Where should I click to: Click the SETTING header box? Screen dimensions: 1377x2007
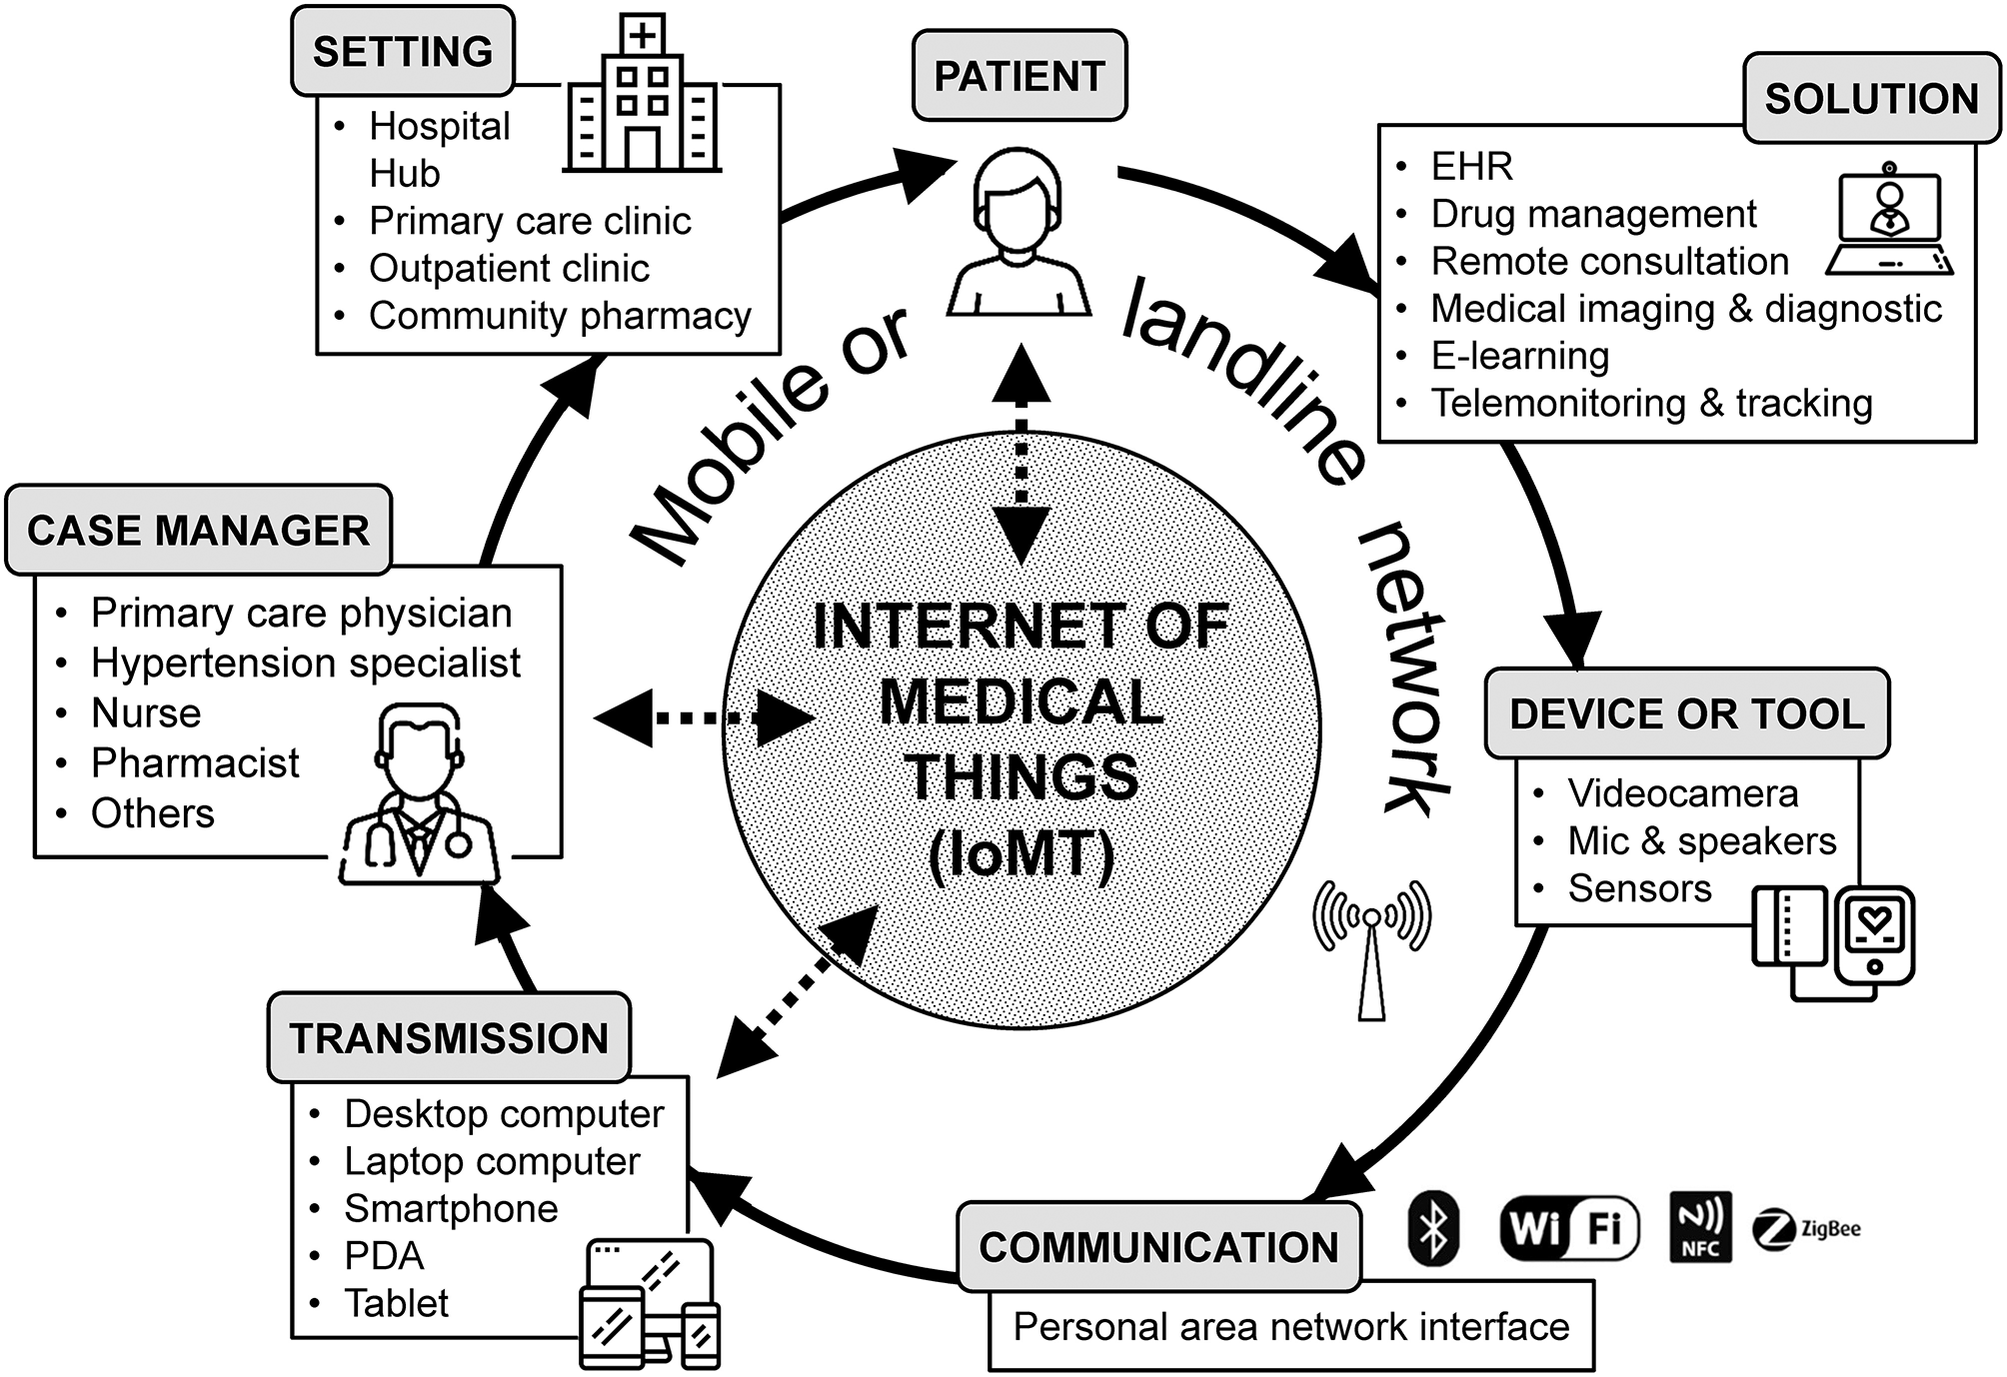[x=403, y=51]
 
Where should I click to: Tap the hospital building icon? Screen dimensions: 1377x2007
[x=642, y=98]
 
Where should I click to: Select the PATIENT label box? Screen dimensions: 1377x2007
[x=1019, y=76]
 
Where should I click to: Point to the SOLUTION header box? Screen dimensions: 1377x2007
[x=1871, y=98]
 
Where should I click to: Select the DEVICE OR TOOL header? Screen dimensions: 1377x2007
[x=1687, y=713]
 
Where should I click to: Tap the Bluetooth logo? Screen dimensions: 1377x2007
[x=1433, y=1228]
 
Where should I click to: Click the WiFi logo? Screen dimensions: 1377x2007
[x=1570, y=1228]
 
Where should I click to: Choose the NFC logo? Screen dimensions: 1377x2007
[x=1700, y=1227]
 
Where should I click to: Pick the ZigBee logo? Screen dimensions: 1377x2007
[x=1807, y=1229]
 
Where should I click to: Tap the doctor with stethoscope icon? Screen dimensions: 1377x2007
[x=420, y=794]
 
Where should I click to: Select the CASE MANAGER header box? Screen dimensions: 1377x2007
[x=198, y=531]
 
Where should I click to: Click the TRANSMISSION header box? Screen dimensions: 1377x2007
[x=449, y=1038]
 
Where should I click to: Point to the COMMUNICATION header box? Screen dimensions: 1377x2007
[x=1158, y=1247]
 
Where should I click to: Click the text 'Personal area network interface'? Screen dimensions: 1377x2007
[x=1291, y=1327]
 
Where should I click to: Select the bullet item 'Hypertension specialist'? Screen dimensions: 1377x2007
[x=306, y=663]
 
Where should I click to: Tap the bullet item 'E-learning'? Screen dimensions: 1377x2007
[x=1520, y=356]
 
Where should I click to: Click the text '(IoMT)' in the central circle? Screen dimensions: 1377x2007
[x=1020, y=855]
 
